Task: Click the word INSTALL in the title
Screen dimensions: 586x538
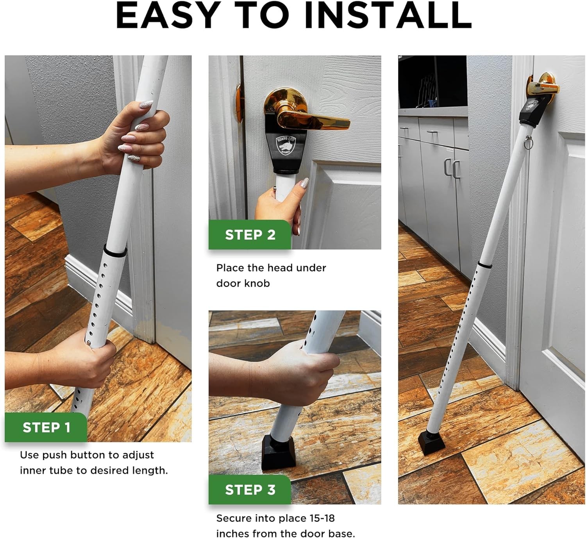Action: tap(388, 16)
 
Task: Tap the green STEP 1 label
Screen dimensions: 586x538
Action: tap(46, 427)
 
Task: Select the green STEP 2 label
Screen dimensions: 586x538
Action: tap(250, 235)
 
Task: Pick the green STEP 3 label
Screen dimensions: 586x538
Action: tap(250, 490)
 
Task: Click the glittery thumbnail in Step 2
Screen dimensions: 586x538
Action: tap(304, 183)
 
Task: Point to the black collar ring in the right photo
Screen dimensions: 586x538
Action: tap(485, 265)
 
